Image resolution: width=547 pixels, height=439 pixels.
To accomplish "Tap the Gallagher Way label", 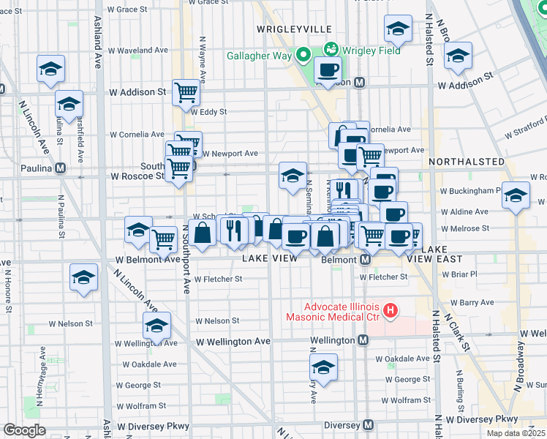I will point(259,56).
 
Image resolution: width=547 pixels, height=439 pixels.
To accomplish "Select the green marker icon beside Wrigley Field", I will point(331,50).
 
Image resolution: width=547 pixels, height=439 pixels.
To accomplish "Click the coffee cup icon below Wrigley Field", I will point(328,70).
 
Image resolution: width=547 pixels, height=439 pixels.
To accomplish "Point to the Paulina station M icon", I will point(61,168).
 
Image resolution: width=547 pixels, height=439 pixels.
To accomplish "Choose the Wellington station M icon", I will point(363,341).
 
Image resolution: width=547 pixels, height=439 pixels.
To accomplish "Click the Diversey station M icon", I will point(369,425).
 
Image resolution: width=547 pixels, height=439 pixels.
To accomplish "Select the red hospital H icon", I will point(390,311).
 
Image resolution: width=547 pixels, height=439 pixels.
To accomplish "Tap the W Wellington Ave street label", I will point(233,342).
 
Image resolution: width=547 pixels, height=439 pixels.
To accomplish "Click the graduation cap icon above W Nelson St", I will point(156,324).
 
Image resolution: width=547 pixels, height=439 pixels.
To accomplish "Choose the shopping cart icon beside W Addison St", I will point(187,91).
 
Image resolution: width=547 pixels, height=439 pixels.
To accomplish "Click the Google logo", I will point(24,430).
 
